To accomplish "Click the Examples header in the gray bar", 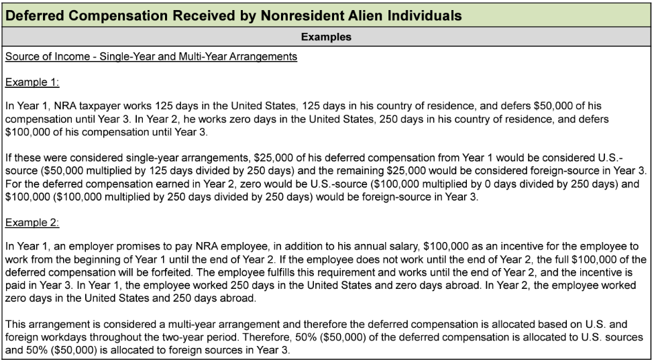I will coord(326,37).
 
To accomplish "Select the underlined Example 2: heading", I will coord(32,222).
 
